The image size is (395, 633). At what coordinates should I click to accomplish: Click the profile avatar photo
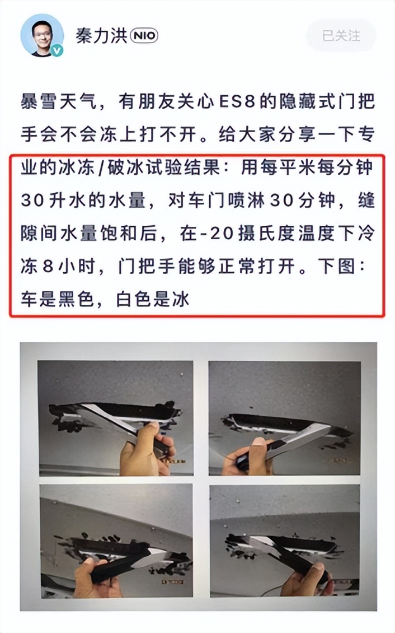(42, 35)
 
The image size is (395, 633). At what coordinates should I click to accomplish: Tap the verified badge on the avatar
(57, 50)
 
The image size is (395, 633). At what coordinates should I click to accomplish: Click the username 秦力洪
(101, 36)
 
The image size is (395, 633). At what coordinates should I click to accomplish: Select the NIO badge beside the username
(144, 36)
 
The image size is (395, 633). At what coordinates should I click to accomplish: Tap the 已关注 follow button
(341, 36)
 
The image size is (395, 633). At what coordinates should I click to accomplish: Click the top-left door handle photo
(115, 418)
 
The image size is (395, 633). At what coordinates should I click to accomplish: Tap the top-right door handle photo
(284, 418)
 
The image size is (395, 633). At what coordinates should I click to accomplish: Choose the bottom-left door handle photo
(115, 541)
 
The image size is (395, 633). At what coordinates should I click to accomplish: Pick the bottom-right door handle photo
(284, 541)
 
